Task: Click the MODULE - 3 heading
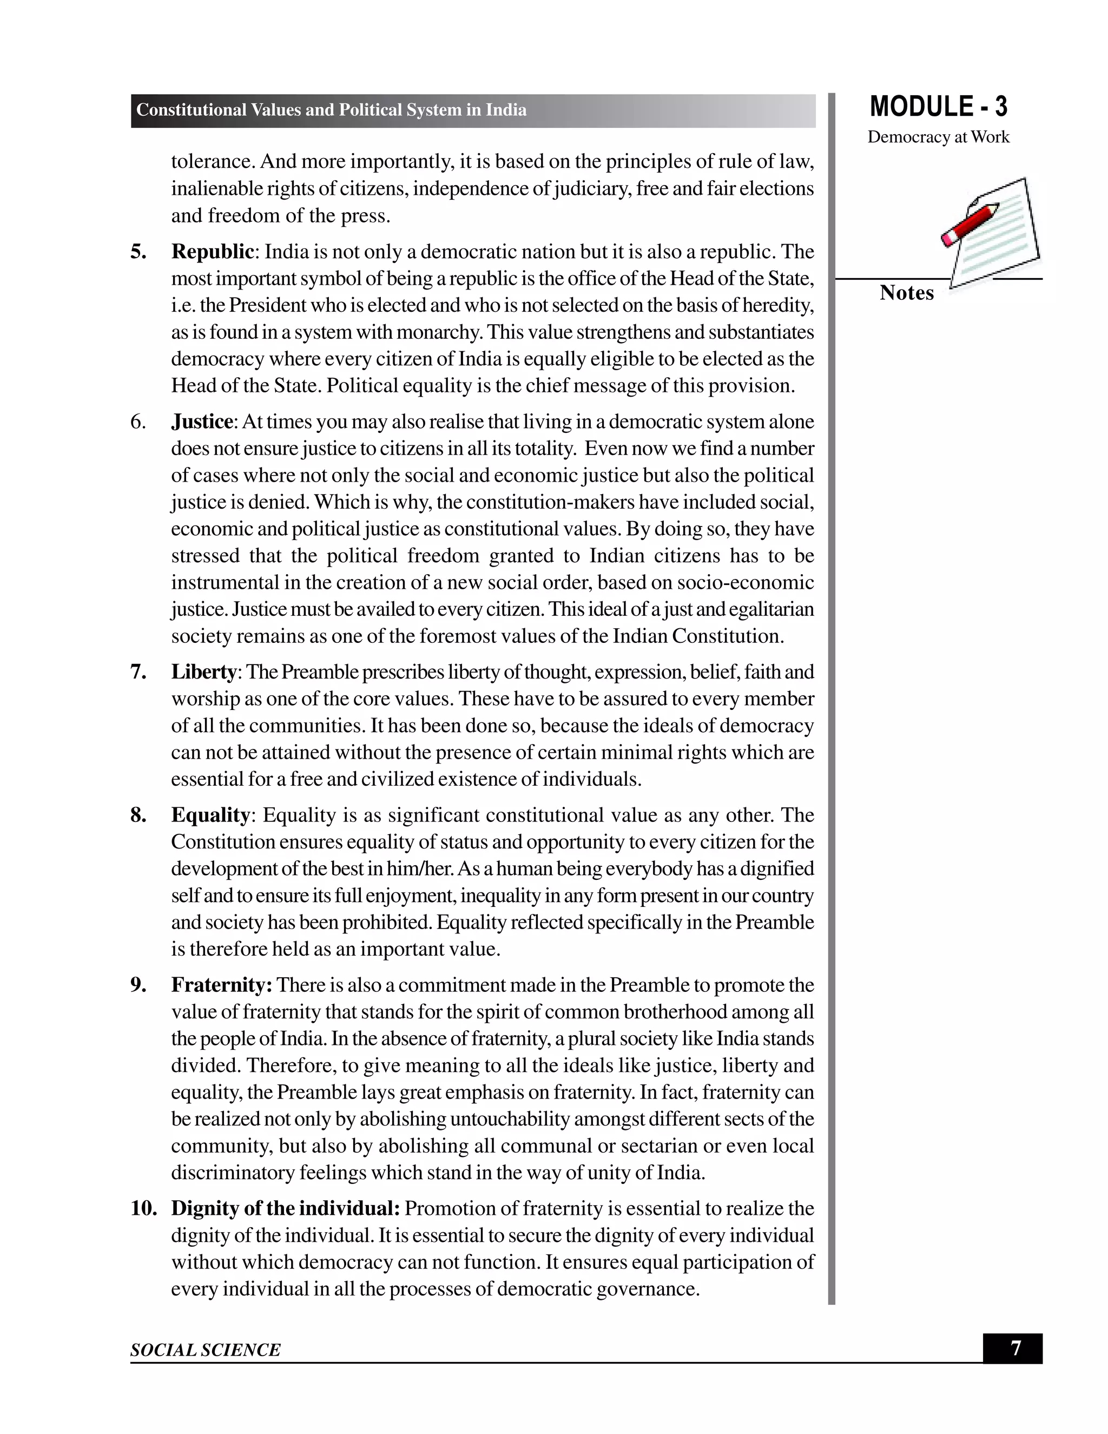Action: click(x=938, y=107)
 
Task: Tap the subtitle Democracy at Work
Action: click(x=938, y=137)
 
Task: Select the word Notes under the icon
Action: click(x=907, y=293)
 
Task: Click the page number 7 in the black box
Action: click(x=1015, y=1349)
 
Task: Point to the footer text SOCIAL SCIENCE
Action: click(x=206, y=1350)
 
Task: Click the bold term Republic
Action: click(x=213, y=252)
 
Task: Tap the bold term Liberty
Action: click(x=203, y=672)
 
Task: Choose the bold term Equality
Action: click(x=210, y=815)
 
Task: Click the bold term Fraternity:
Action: click(x=222, y=985)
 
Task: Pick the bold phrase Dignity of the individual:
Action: click(x=286, y=1208)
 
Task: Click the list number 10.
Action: click(x=144, y=1208)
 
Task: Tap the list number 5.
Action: click(x=138, y=252)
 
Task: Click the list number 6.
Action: click(x=138, y=422)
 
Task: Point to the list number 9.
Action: click(x=138, y=985)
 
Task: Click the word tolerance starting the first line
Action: click(x=213, y=161)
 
